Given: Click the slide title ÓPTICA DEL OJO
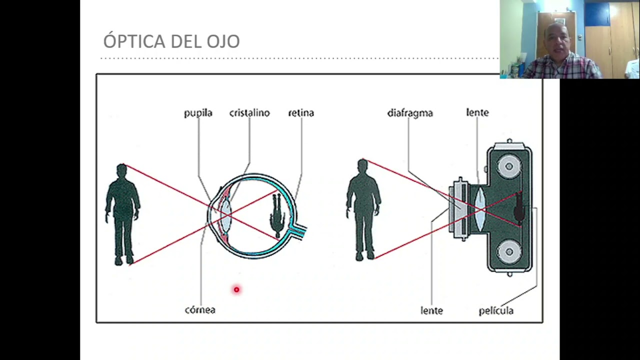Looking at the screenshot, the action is click(x=171, y=40).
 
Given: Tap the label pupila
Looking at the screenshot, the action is click(x=198, y=113).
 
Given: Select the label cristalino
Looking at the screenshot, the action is click(x=249, y=113).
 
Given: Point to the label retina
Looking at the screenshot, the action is click(x=301, y=113).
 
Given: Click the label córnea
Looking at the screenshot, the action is click(x=200, y=309).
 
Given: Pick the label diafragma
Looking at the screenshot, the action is click(x=410, y=113).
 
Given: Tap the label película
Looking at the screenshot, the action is click(x=496, y=310).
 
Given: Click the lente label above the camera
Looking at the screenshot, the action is click(x=477, y=112).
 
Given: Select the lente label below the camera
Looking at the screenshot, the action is click(x=431, y=310).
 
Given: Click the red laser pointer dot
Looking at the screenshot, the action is click(x=236, y=289).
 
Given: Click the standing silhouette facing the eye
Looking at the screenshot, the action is click(x=123, y=214).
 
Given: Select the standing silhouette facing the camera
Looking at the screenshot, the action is click(x=363, y=210).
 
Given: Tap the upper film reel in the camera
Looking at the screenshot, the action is click(x=509, y=166).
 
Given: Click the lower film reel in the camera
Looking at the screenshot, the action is click(x=509, y=251).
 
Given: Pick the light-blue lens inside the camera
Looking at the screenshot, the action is click(x=480, y=209).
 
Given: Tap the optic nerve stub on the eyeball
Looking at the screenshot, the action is click(x=298, y=229).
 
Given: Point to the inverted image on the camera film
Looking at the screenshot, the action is click(x=519, y=207).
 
